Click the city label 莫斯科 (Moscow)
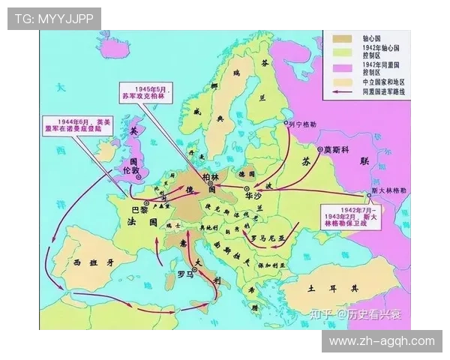click(x=337, y=150)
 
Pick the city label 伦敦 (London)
click(x=130, y=171)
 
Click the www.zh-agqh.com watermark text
click(x=382, y=341)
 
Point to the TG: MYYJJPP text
click(x=54, y=19)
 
